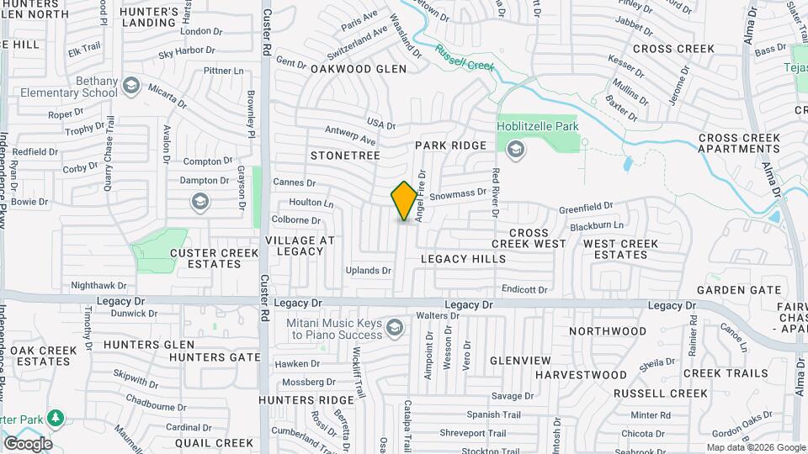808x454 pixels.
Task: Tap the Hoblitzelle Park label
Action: [538, 126]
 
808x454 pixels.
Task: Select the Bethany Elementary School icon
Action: [130, 85]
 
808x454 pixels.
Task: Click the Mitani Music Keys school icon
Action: [394, 326]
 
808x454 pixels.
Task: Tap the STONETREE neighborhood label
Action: [345, 156]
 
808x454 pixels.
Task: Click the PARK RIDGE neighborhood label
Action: [451, 145]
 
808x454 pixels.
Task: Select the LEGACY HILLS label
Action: [464, 259]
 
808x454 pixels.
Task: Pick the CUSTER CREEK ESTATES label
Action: [205, 258]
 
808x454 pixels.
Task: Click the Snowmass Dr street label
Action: [458, 194]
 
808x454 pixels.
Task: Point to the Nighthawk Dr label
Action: [98, 286]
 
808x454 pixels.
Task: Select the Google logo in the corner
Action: [28, 443]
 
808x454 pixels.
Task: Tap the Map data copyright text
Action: [755, 447]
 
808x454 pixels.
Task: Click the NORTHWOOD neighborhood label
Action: [607, 331]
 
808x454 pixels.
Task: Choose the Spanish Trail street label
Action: [494, 414]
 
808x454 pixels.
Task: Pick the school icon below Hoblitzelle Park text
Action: [516, 150]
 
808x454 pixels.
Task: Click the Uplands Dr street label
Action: [369, 271]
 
